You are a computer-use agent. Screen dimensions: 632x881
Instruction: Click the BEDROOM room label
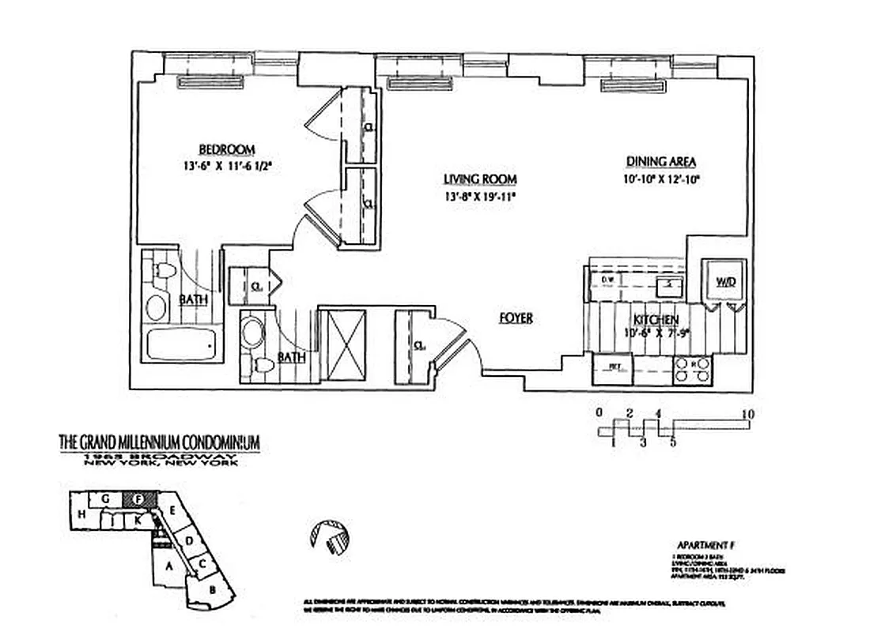pyautogui.click(x=225, y=149)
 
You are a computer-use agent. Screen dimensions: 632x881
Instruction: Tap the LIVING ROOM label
pyautogui.click(x=475, y=179)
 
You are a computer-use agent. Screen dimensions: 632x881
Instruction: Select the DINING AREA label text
pyautogui.click(x=661, y=162)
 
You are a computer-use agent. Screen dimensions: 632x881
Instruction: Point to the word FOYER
pyautogui.click(x=516, y=318)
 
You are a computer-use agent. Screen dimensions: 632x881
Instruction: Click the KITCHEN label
pyautogui.click(x=655, y=320)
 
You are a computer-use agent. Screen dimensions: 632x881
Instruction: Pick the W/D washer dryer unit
pyautogui.click(x=725, y=281)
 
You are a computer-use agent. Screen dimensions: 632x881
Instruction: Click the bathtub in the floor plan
pyautogui.click(x=180, y=345)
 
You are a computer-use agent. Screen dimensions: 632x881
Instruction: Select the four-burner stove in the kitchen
pyautogui.click(x=692, y=369)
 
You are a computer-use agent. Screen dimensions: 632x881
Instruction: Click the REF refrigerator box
pyautogui.click(x=613, y=367)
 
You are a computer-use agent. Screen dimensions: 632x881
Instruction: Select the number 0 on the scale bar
pyautogui.click(x=599, y=412)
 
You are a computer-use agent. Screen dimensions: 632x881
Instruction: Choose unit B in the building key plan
pyautogui.click(x=212, y=589)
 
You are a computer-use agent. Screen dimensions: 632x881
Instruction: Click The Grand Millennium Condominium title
pyautogui.click(x=159, y=443)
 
